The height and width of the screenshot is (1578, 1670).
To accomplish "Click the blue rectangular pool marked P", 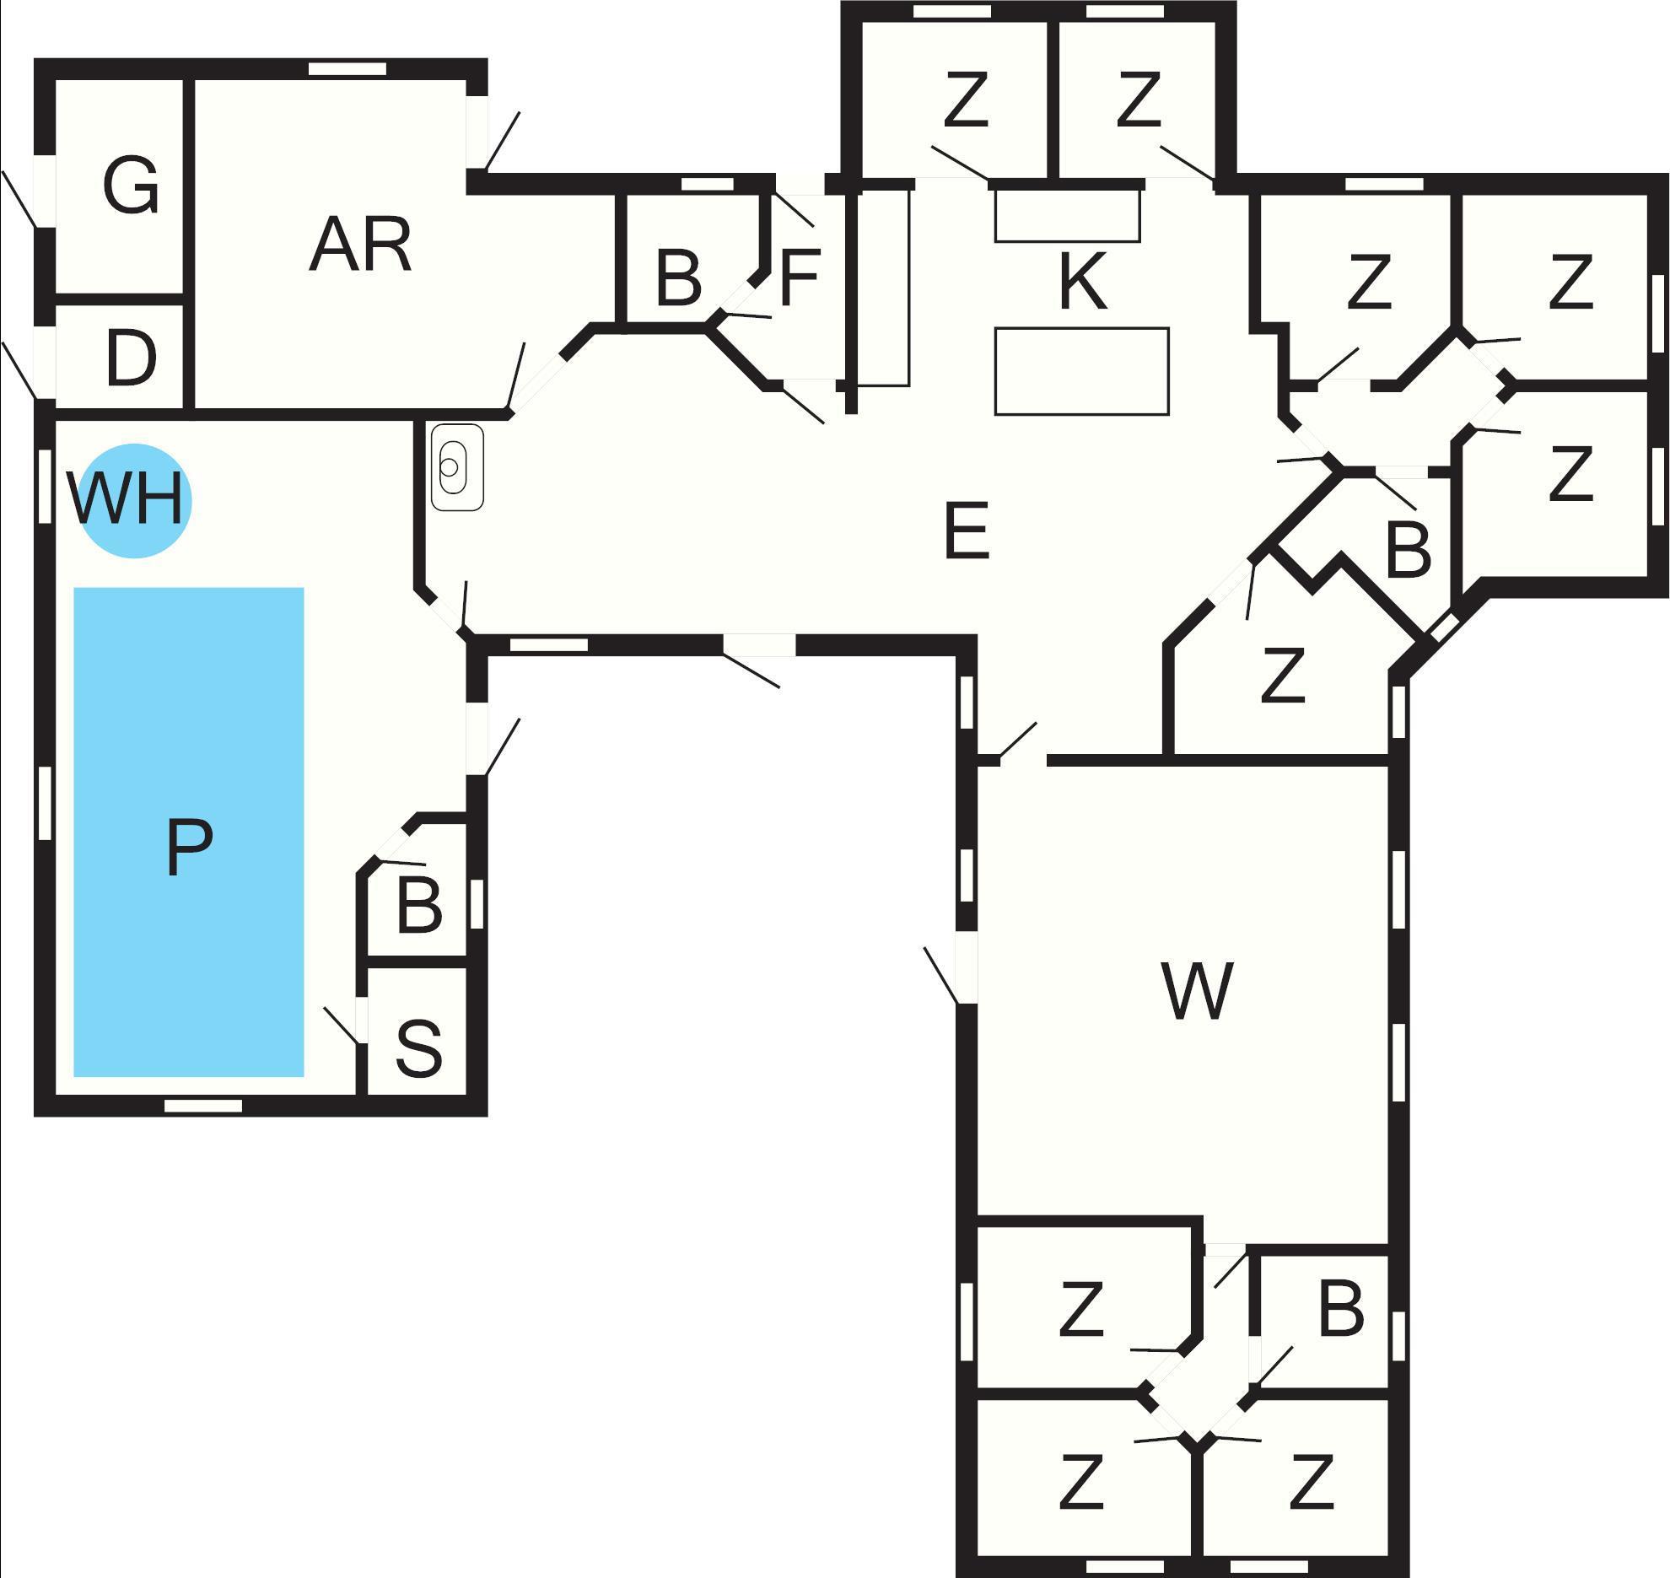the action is pos(189,832).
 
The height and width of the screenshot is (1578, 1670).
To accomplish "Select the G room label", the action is pos(131,186).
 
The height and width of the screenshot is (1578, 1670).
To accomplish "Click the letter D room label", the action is pos(132,358).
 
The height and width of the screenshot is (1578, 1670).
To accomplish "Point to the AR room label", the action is pos(361,245).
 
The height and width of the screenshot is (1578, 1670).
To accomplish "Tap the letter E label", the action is pos(966,530).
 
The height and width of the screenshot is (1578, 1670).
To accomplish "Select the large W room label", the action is pos(1197,990).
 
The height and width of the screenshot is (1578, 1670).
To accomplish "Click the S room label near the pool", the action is pos(418,1048).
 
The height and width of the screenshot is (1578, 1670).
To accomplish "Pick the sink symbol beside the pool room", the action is pos(457,466).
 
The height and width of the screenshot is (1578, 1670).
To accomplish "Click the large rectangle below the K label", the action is pos(1081,371).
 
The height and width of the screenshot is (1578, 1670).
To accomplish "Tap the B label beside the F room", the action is pos(678,277).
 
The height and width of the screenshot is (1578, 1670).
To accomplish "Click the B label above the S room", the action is pos(419,907).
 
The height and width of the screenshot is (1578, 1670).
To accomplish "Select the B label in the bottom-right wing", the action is pos(1340,1309).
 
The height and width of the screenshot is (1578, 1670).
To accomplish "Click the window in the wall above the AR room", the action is pos(347,69).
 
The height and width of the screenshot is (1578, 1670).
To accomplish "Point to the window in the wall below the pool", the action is pos(202,1106).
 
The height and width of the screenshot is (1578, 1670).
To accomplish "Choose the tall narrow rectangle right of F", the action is pos(884,287).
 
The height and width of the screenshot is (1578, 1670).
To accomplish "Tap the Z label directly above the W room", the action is pos(1283,674).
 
